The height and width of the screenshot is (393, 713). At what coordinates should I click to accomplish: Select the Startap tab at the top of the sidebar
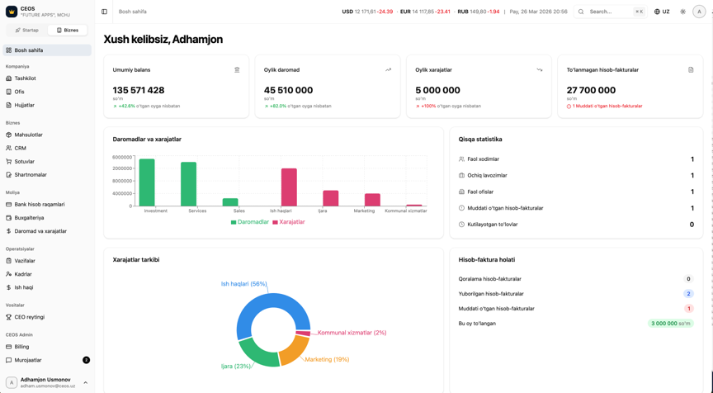point(27,30)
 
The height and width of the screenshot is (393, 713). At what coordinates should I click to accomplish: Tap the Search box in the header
point(611,12)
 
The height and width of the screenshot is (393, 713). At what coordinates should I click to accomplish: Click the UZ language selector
point(662,12)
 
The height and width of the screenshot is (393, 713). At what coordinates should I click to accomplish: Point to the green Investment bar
point(147,182)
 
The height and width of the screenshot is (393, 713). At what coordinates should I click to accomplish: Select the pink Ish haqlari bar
point(289,187)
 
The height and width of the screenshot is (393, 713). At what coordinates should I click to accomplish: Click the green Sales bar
point(230,202)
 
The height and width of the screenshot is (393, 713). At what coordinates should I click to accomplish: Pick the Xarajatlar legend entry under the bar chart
point(288,222)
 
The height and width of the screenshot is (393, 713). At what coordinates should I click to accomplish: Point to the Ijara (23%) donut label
point(235,366)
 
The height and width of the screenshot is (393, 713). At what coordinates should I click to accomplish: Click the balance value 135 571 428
point(139,90)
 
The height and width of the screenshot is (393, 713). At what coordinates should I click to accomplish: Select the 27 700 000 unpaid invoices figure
point(591,90)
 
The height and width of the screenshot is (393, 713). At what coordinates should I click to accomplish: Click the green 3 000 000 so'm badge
point(671,324)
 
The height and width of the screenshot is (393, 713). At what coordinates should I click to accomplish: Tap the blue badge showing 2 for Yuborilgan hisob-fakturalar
point(688,294)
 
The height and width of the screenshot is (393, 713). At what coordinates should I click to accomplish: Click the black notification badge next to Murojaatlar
point(87,360)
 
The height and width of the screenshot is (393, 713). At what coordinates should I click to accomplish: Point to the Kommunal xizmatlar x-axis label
point(406,211)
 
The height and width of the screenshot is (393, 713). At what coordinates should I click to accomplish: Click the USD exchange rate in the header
point(367,12)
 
